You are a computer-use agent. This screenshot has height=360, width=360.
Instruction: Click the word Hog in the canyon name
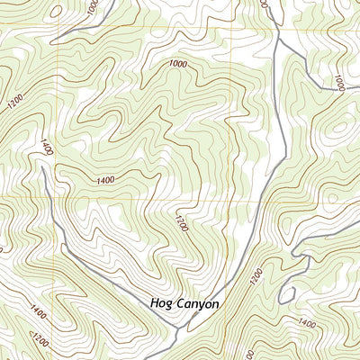tap(163, 304)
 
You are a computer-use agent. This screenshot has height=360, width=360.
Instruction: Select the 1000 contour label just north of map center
tap(177, 65)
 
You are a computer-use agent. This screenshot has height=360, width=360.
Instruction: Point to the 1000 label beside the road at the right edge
tap(338, 82)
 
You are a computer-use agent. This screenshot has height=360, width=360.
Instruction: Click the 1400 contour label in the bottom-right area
tap(307, 322)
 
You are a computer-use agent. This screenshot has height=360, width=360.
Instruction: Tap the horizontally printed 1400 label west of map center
tap(105, 181)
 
